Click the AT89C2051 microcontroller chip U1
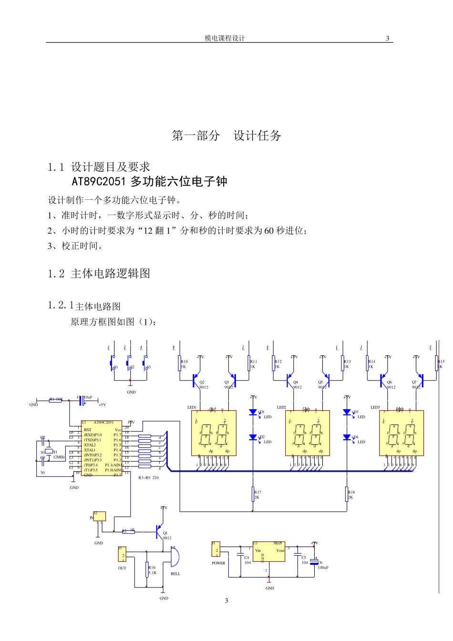coord(102,449)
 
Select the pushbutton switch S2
coord(129,363)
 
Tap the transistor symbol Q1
coord(158,530)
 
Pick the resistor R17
coord(253,495)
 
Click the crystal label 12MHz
coord(59,457)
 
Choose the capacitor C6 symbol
coord(314,562)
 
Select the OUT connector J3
coord(122,555)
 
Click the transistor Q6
coord(383,380)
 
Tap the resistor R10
coord(180,363)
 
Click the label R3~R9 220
coord(148,477)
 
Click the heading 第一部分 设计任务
coord(226,136)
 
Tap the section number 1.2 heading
coord(56,274)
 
